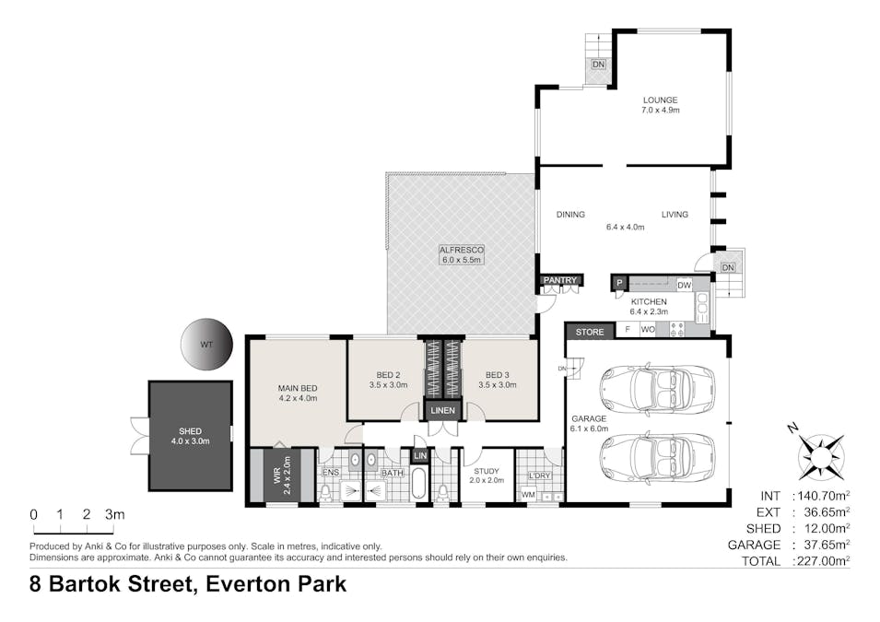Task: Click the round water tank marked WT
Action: pos(206,344)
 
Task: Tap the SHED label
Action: pos(190,431)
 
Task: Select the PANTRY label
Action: pos(560,279)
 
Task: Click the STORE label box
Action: pos(590,332)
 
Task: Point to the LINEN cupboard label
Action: pos(443,410)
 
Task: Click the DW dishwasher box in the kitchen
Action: pos(684,285)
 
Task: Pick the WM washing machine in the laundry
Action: pos(528,495)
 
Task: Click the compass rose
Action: pos(822,453)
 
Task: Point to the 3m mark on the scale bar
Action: pos(114,514)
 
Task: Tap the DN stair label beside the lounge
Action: pos(598,65)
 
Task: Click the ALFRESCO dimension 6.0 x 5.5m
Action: pos(462,260)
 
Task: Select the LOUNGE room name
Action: pos(660,100)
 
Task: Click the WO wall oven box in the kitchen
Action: pos(648,330)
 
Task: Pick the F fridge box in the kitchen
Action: pos(628,330)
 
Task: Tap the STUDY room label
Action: pos(486,471)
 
